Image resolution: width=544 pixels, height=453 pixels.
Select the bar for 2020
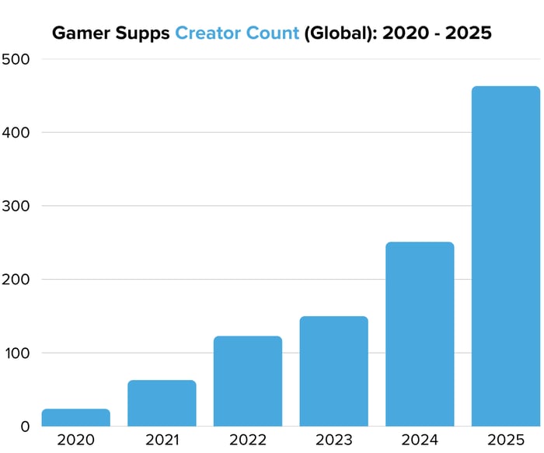point(75,417)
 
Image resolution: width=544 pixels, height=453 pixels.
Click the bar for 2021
point(162,402)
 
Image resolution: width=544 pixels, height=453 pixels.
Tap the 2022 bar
point(248,381)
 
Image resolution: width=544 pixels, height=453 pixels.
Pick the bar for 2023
point(333,371)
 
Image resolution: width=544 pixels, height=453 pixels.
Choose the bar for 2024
point(420,334)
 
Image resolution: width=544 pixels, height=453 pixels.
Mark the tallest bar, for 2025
point(506,256)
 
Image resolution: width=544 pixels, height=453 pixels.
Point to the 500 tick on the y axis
point(16,59)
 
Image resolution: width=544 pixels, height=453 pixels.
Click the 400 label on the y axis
point(16,133)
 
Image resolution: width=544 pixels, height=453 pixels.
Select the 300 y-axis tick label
point(16,206)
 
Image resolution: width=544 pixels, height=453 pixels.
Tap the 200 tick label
point(16,280)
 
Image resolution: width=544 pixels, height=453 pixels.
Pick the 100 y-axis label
point(16,353)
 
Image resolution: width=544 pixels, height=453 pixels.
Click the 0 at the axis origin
point(26,426)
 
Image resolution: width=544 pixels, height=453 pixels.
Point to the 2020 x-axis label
point(75,440)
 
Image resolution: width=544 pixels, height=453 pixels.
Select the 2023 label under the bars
point(333,440)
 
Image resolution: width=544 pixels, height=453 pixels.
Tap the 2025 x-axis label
point(506,440)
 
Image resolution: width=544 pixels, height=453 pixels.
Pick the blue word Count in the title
point(271,33)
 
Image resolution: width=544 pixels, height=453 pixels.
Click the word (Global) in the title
point(337,33)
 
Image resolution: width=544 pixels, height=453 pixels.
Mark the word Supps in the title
point(143,34)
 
